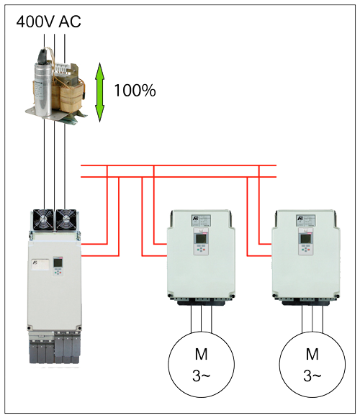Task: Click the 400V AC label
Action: [48, 22]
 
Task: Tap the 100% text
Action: [135, 91]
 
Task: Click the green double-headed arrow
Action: [100, 92]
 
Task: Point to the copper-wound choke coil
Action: [69, 92]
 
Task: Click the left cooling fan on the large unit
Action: [43, 219]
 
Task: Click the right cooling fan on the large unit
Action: [66, 219]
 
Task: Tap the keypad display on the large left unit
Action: [58, 263]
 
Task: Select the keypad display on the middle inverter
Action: [200, 239]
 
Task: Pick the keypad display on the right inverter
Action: [305, 239]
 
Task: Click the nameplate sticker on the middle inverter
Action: [201, 220]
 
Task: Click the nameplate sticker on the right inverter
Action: [306, 220]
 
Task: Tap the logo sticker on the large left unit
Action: [40, 265]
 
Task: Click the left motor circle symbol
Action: [201, 365]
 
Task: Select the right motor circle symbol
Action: [312, 365]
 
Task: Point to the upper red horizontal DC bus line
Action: [179, 165]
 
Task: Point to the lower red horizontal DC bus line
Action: [179, 177]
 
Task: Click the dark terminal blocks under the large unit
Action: [55, 348]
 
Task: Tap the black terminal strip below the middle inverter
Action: [201, 302]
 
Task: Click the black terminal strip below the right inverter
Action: [306, 302]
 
